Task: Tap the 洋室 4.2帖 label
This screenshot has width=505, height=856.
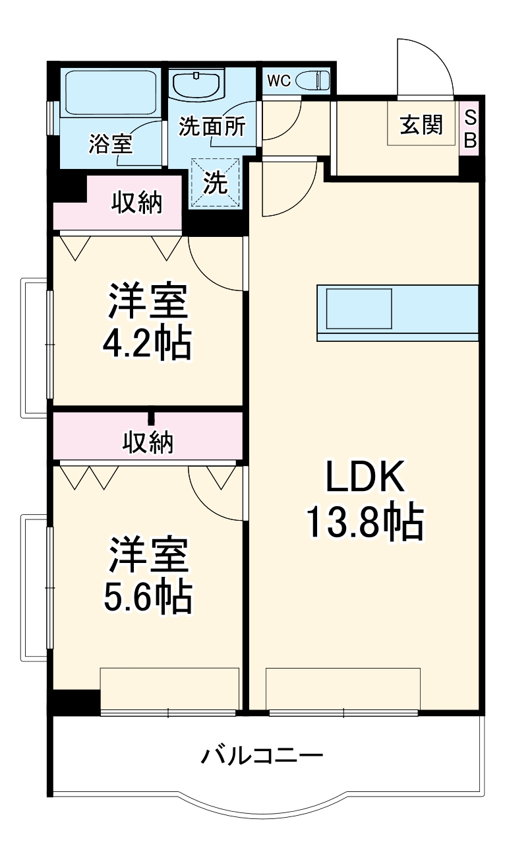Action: tap(148, 322)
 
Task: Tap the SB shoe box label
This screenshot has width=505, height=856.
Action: tap(470, 129)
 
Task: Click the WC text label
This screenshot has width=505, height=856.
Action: tap(278, 81)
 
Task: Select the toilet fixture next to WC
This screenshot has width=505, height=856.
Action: tap(313, 81)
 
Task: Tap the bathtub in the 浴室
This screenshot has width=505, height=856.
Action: tap(110, 92)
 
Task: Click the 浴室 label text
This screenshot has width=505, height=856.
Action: tap(110, 144)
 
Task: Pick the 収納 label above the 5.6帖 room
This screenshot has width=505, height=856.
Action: tap(148, 442)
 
